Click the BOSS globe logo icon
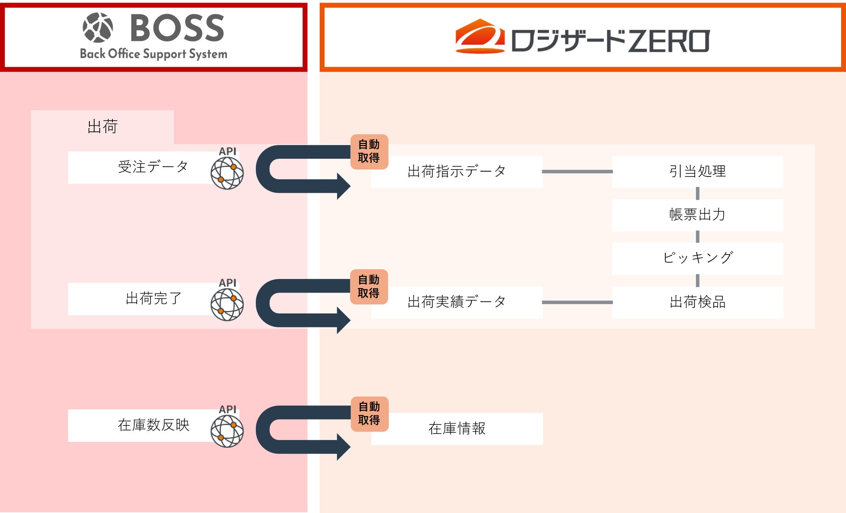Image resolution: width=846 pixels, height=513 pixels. tap(98, 28)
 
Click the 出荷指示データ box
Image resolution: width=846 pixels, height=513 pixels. tap(456, 172)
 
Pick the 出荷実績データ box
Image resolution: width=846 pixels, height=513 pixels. tap(456, 302)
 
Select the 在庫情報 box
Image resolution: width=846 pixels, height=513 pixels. tap(456, 429)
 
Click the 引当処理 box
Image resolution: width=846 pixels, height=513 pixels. tap(697, 172)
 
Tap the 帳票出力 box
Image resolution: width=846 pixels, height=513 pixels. tap(697, 215)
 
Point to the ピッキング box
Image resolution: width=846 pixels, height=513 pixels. tap(697, 258)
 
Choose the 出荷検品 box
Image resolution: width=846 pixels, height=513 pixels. tap(697, 302)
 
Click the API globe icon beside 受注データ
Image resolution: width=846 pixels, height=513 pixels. tap(227, 173)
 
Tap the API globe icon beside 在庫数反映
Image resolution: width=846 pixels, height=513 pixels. tap(227, 431)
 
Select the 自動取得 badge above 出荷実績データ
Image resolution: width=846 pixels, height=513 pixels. tap(369, 287)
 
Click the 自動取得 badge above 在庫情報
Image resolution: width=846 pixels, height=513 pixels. tap(369, 414)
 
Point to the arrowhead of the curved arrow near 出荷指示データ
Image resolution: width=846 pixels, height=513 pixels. tap(344, 186)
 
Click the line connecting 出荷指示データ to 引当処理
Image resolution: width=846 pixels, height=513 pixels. tap(577, 172)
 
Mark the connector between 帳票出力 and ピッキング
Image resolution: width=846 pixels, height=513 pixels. tap(697, 237)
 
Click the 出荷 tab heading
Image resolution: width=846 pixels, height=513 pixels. tap(102, 127)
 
